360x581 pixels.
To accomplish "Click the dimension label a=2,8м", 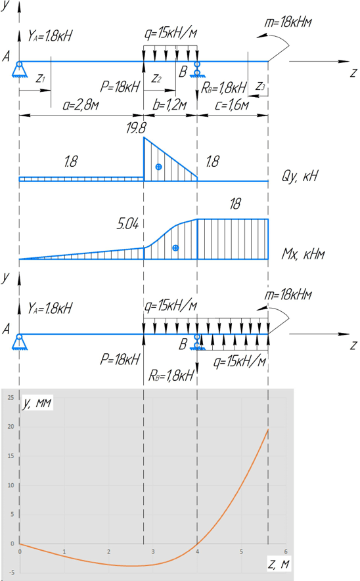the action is (80, 105).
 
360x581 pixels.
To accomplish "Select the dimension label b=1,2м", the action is (169, 105).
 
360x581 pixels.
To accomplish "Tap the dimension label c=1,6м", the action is (232, 105).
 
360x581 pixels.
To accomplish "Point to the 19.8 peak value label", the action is (136, 128).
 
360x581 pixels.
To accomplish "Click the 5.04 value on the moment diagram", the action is (127, 224).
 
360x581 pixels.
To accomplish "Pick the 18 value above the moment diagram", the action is (235, 204).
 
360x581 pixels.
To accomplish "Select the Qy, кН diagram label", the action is (300, 176).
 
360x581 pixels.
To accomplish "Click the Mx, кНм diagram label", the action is (304, 254).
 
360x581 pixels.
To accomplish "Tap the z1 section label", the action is (41, 79).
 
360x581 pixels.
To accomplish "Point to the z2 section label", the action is (156, 79).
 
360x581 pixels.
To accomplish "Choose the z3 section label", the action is (261, 87).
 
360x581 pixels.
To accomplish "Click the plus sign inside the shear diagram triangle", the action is (159, 167).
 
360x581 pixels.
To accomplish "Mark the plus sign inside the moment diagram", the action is (176, 248).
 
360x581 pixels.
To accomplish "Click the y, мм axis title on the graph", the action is (37, 403).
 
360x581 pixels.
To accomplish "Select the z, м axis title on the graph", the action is (278, 564).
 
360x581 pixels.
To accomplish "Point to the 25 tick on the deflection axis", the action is (11, 398).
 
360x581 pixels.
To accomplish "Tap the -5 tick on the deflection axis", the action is (11, 572).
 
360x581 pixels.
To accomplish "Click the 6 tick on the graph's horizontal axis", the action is (286, 551).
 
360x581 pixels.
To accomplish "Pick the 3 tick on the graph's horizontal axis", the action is (153, 551).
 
